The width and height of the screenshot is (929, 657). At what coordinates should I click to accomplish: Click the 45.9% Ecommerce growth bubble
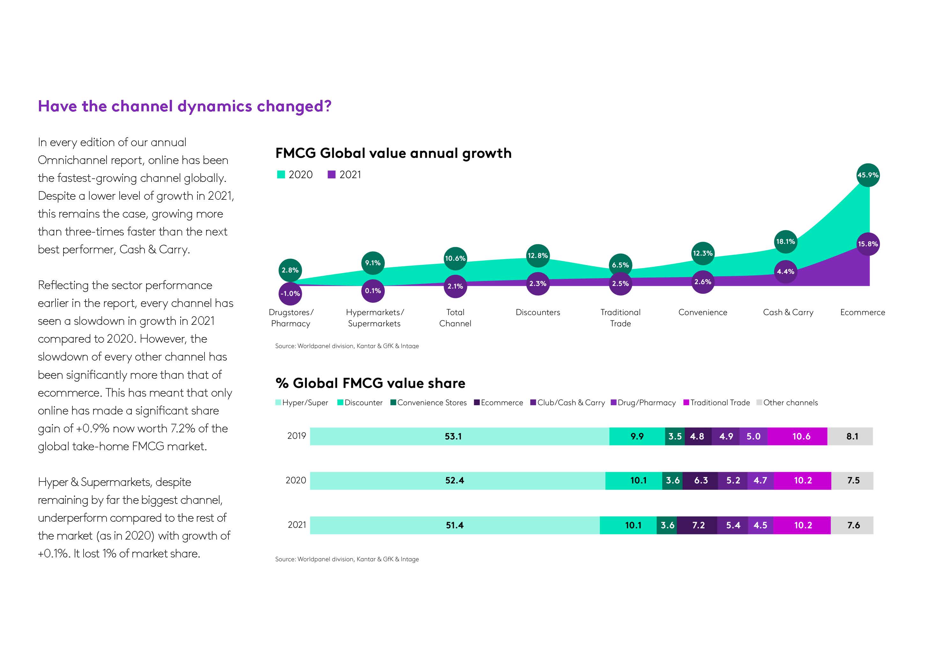[x=867, y=175]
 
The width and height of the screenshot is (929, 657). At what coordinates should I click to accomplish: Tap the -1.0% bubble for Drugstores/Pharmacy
[x=290, y=294]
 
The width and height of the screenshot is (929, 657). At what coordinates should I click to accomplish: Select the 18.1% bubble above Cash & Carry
[x=785, y=241]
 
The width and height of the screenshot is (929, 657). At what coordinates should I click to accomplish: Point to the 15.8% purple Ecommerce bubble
[x=867, y=244]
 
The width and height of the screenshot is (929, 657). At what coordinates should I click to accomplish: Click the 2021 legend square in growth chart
[x=331, y=175]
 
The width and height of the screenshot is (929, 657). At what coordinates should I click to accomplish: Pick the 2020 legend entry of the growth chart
[x=294, y=175]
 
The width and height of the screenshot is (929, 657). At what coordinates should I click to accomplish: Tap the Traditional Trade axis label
[x=620, y=318]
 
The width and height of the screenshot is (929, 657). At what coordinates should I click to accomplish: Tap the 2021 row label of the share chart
[x=297, y=525]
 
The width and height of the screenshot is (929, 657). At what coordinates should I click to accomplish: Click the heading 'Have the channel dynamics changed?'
[x=184, y=106]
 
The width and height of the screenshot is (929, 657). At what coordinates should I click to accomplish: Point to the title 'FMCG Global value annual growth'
[x=393, y=153]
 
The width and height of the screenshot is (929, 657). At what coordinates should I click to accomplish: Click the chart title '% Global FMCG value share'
[x=370, y=383]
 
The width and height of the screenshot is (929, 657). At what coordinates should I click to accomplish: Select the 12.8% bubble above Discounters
[x=537, y=256]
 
